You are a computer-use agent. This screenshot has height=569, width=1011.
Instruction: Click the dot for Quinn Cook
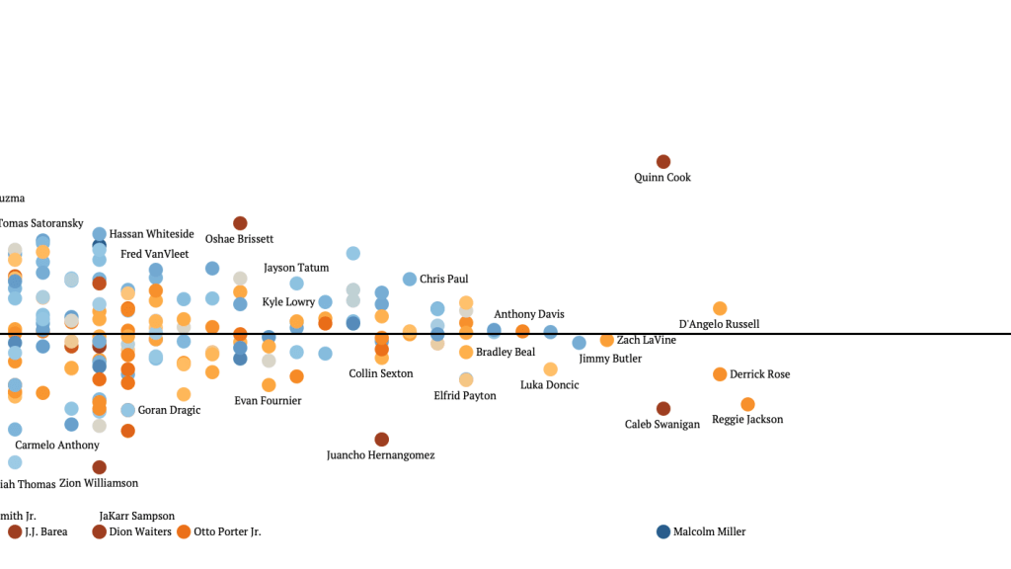(663, 161)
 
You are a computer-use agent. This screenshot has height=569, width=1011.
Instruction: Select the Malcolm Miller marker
(663, 531)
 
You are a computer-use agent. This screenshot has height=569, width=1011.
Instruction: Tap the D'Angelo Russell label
(719, 324)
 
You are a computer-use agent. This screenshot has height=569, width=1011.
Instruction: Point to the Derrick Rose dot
(720, 374)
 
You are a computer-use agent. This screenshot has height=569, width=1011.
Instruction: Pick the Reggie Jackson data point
(747, 404)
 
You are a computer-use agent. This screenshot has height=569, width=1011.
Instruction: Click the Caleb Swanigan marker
(663, 408)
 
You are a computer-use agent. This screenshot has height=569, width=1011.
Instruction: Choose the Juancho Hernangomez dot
(381, 439)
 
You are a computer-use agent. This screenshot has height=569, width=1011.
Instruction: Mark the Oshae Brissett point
(240, 223)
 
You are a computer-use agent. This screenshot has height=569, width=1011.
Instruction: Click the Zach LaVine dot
(607, 340)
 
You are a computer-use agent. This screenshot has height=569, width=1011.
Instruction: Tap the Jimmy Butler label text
(610, 359)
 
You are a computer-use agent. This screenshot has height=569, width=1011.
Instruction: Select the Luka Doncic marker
(550, 368)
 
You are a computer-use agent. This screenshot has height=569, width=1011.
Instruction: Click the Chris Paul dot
(410, 280)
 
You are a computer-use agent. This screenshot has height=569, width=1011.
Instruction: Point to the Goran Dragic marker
(128, 410)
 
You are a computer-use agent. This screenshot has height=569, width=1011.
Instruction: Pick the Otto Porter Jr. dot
(184, 531)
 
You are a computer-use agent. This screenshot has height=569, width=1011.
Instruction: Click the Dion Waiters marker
(100, 531)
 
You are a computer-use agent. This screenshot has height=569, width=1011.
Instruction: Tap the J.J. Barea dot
(15, 531)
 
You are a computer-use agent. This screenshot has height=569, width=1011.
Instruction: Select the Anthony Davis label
(529, 314)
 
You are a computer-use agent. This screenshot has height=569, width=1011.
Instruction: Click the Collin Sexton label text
(381, 373)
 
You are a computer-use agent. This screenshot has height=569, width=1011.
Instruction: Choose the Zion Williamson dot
(99, 467)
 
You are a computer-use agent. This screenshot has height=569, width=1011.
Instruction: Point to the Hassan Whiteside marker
(100, 234)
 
